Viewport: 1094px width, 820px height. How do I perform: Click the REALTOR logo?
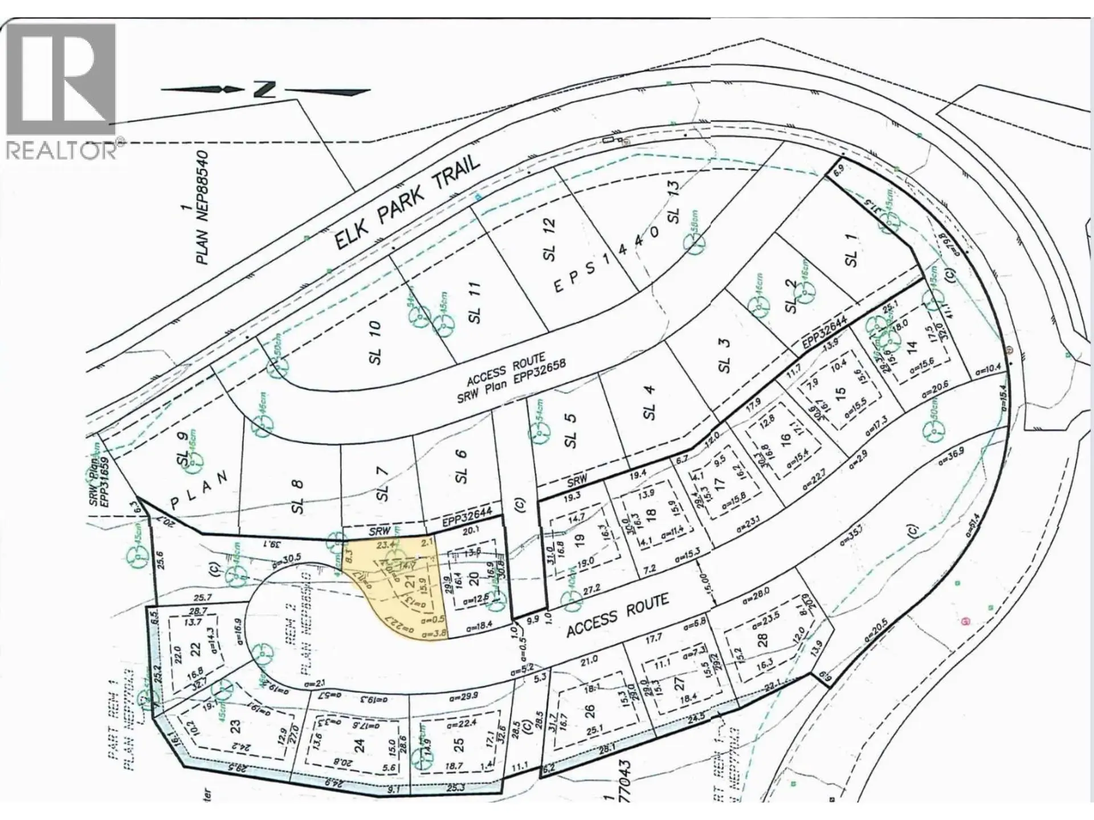tap(61, 91)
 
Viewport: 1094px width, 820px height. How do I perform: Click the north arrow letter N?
tap(266, 89)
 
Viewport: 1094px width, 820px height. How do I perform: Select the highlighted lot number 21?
tap(409, 582)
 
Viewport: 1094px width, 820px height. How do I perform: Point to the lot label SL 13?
tap(673, 202)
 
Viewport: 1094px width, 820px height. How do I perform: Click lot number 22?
tap(195, 649)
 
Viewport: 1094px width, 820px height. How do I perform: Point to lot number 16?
tap(786, 438)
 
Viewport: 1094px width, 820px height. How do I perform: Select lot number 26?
tap(590, 711)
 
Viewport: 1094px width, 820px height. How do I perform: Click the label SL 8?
tap(297, 496)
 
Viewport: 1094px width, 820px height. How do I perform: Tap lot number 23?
tap(235, 727)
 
